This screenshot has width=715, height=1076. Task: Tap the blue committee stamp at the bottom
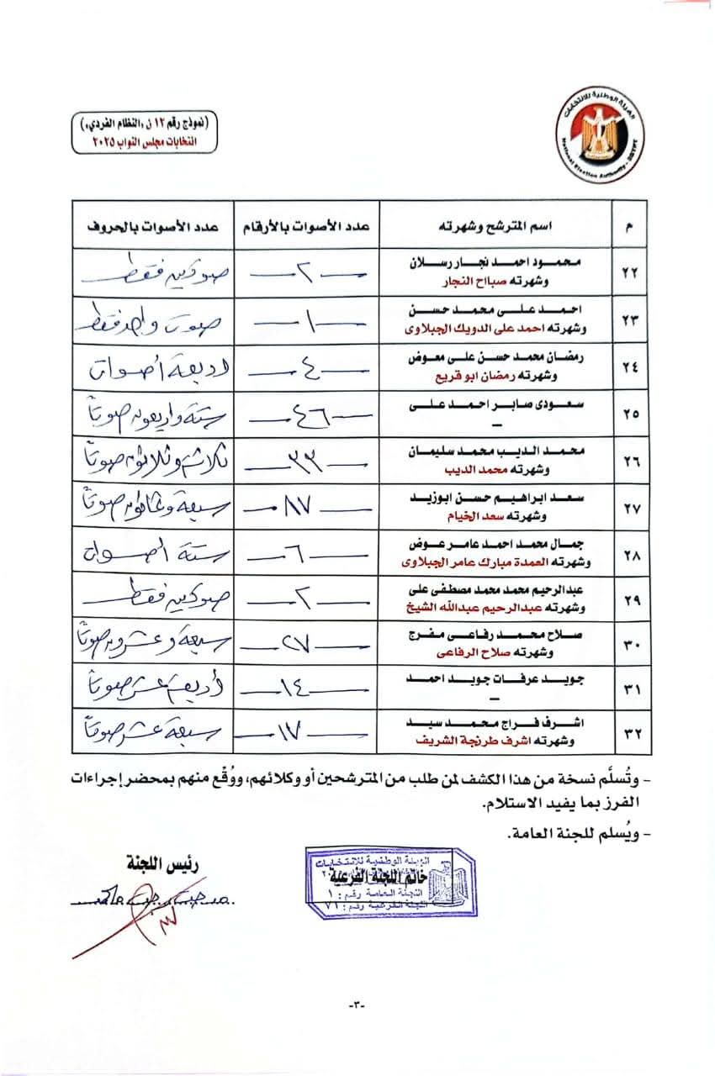tap(390, 883)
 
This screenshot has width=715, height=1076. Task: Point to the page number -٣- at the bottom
tap(357, 1005)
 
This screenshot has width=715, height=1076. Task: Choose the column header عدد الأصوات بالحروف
tap(154, 225)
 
